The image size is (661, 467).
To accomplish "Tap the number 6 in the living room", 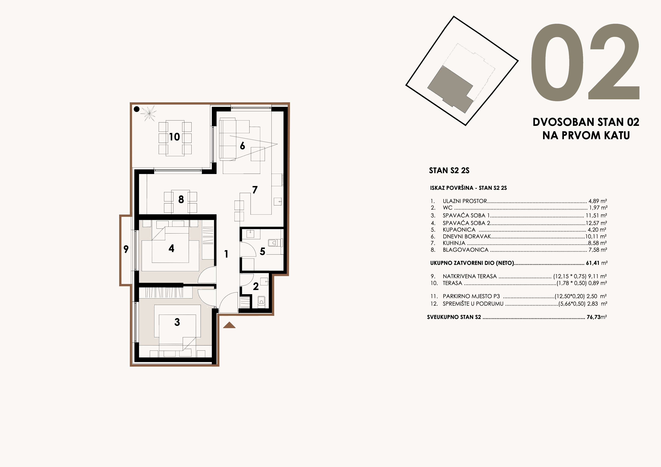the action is (x=242, y=146).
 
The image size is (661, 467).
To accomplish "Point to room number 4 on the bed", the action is (x=171, y=248).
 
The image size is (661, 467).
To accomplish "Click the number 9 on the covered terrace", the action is (x=126, y=249).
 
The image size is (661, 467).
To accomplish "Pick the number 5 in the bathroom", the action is (x=262, y=252).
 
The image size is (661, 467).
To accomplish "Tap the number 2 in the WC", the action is (x=256, y=286).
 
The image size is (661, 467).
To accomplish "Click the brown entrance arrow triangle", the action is (x=229, y=325).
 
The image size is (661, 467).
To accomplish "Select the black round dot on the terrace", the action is (x=137, y=109).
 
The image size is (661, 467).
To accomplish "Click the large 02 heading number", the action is (x=585, y=62).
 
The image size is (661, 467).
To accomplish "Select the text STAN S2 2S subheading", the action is (x=449, y=171).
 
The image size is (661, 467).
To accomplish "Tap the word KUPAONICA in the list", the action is (x=459, y=230).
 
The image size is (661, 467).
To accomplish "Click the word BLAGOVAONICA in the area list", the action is (x=466, y=250).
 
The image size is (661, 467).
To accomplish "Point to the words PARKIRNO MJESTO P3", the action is (x=471, y=296).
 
